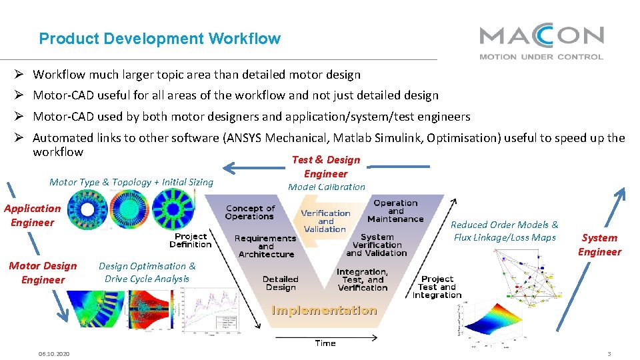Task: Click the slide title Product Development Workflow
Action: point(160,39)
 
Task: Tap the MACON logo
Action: point(541,36)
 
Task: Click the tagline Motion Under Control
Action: point(541,57)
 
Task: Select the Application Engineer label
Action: point(32,215)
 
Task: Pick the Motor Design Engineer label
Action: point(43,273)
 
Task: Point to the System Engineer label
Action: point(599,245)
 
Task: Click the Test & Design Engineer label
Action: point(326,167)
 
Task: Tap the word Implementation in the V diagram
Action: point(324,311)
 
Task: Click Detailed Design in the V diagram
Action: point(280,283)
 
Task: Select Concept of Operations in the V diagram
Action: point(249,213)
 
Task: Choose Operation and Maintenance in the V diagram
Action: point(395,211)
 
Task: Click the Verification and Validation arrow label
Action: point(325,221)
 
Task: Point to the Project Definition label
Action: point(191,240)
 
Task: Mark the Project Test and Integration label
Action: point(437,287)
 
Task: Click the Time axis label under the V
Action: point(325,343)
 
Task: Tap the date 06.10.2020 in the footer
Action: point(54,354)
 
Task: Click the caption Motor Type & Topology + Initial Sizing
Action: point(131,182)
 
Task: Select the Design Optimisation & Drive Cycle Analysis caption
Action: point(147,273)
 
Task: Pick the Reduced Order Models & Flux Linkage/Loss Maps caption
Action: point(505,231)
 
